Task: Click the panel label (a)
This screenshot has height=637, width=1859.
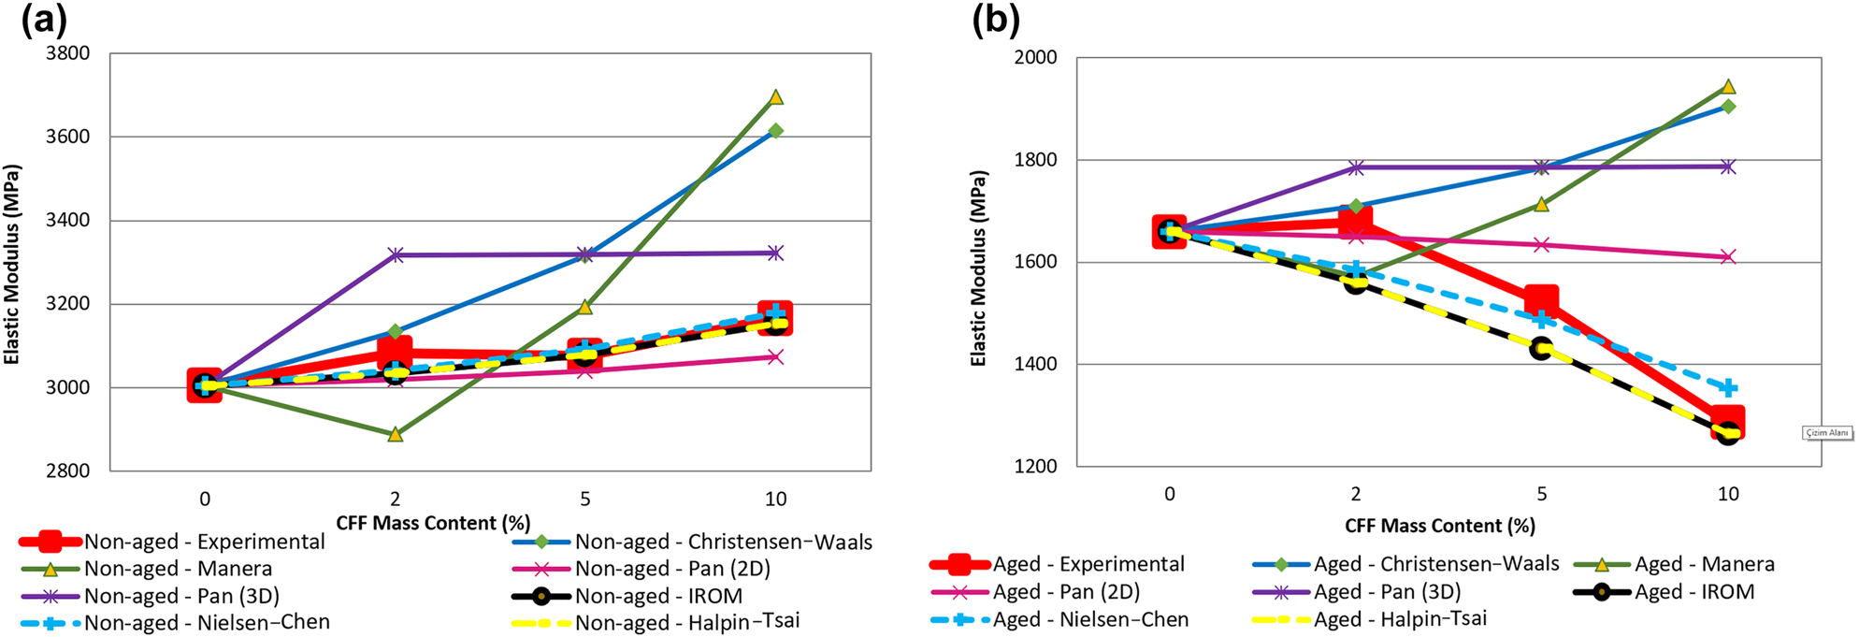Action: coord(44,19)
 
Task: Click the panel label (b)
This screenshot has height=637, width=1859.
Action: coord(995,19)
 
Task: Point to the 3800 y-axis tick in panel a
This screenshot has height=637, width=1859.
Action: coord(68,53)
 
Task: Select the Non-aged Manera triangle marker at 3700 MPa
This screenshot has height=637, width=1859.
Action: coord(775,97)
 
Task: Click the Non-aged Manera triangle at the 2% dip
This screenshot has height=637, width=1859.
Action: coord(396,434)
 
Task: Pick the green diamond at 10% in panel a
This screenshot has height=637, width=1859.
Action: coord(775,131)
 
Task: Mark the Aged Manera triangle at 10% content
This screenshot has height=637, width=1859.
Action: coord(1728,87)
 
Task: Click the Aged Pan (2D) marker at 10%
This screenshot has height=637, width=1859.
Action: coord(1728,256)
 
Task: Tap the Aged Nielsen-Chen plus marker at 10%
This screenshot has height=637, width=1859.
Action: coord(1728,387)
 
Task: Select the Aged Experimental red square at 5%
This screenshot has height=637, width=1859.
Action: coord(1541,301)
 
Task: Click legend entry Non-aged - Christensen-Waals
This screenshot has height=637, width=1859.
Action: coord(723,542)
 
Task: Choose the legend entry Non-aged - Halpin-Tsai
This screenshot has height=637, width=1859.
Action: coord(686,622)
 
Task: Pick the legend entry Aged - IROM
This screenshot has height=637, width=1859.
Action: coord(1693,592)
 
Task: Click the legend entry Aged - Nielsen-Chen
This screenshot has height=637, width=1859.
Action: coord(1089,619)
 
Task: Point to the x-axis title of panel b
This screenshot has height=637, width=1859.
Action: coord(1439,526)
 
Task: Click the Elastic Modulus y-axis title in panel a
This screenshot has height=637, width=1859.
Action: coord(12,265)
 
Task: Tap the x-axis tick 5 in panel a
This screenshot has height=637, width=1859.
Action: coord(585,499)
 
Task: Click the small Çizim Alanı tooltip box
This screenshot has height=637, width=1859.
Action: coord(1826,433)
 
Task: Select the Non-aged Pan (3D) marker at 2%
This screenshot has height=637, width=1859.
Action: coord(396,254)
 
